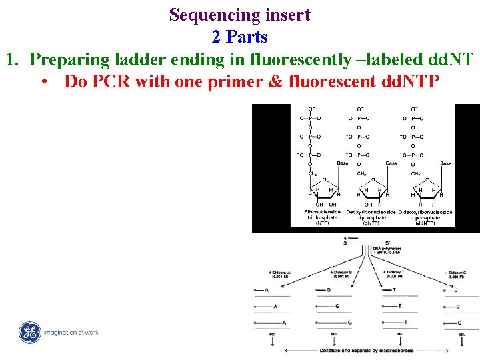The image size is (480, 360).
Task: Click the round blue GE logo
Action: [29, 332]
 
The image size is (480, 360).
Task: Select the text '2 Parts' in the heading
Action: [239, 37]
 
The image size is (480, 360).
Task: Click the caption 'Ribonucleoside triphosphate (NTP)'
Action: [321, 217]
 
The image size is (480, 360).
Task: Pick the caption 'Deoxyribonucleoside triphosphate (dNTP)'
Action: [371, 217]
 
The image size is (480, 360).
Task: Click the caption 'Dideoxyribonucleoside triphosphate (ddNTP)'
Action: [425, 217]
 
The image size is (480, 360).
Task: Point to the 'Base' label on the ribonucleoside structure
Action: [342, 163]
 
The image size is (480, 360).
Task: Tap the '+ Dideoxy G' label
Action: [341, 275]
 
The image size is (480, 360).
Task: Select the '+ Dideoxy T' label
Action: [395, 275]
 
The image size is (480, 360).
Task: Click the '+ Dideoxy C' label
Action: [456, 275]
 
